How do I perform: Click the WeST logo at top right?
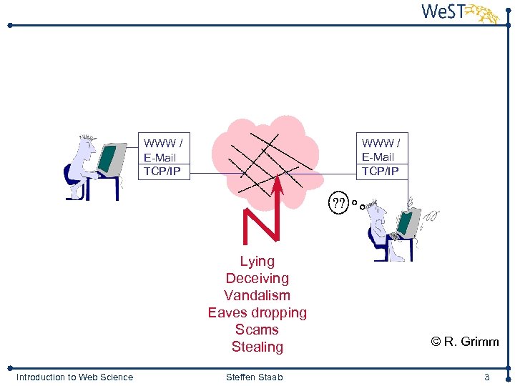458,13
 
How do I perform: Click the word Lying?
257,262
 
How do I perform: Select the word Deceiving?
257,279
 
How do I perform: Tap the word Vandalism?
257,296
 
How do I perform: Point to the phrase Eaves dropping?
257,313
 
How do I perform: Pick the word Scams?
257,330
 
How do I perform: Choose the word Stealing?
257,347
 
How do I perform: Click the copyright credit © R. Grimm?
465,342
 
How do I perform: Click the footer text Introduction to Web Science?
74,377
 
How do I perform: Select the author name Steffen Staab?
254,377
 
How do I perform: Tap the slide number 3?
486,377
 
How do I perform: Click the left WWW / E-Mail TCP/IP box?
163,157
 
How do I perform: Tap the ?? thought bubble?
339,203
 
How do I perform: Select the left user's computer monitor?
111,159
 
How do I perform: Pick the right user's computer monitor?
409,223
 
